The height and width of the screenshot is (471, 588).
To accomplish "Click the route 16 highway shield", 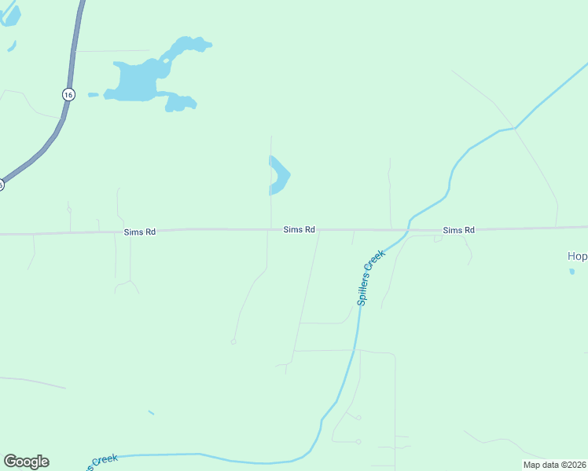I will pyautogui.click(x=68, y=94).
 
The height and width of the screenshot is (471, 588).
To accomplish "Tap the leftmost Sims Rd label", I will pyautogui.click(x=140, y=232).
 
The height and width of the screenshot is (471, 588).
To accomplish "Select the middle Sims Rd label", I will pyautogui.click(x=300, y=229).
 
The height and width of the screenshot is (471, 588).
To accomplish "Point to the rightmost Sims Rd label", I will pyautogui.click(x=458, y=230).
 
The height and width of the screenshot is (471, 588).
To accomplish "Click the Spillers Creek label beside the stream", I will pyautogui.click(x=369, y=278).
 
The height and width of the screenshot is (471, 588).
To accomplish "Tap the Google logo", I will pyautogui.click(x=26, y=462).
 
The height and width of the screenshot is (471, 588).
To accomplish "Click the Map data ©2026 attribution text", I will pyautogui.click(x=555, y=465).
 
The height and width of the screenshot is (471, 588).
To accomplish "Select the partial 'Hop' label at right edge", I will pyautogui.click(x=577, y=256).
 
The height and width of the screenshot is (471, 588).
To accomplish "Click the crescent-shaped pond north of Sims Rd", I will pyautogui.click(x=280, y=176).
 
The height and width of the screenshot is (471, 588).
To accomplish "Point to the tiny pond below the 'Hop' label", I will pyautogui.click(x=572, y=272).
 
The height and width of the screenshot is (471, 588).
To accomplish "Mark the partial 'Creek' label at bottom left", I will pyautogui.click(x=102, y=462).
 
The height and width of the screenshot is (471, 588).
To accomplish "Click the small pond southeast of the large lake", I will pyautogui.click(x=181, y=103).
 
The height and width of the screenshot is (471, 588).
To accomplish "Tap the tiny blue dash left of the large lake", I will pyautogui.click(x=93, y=95).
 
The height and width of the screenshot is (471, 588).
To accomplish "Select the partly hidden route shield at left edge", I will pyautogui.click(x=2, y=184).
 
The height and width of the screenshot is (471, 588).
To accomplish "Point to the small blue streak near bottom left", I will pyautogui.click(x=151, y=412).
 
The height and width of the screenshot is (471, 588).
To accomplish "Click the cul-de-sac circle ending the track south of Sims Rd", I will pyautogui.click(x=233, y=341).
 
